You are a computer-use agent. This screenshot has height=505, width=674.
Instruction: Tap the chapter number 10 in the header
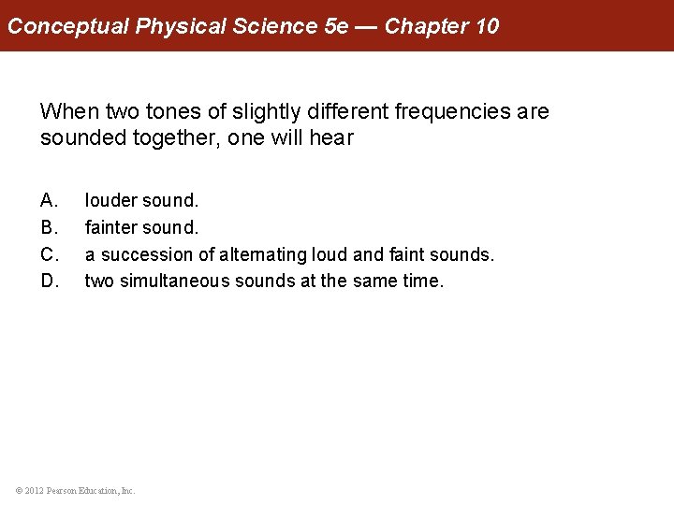487,26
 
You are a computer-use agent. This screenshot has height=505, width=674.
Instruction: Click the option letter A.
50,200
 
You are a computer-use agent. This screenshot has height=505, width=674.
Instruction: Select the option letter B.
50,227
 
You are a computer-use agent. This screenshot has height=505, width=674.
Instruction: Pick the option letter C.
50,254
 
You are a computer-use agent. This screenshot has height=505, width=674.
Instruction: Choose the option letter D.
50,281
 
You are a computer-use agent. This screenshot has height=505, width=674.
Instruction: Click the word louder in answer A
110,200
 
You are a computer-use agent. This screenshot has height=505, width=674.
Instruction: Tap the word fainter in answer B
112,227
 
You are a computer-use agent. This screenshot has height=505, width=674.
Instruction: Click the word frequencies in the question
452,112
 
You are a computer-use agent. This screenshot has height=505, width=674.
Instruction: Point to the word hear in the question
334,138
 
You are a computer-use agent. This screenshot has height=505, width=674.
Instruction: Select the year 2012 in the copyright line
35,490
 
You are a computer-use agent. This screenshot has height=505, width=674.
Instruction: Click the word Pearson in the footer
66,490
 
